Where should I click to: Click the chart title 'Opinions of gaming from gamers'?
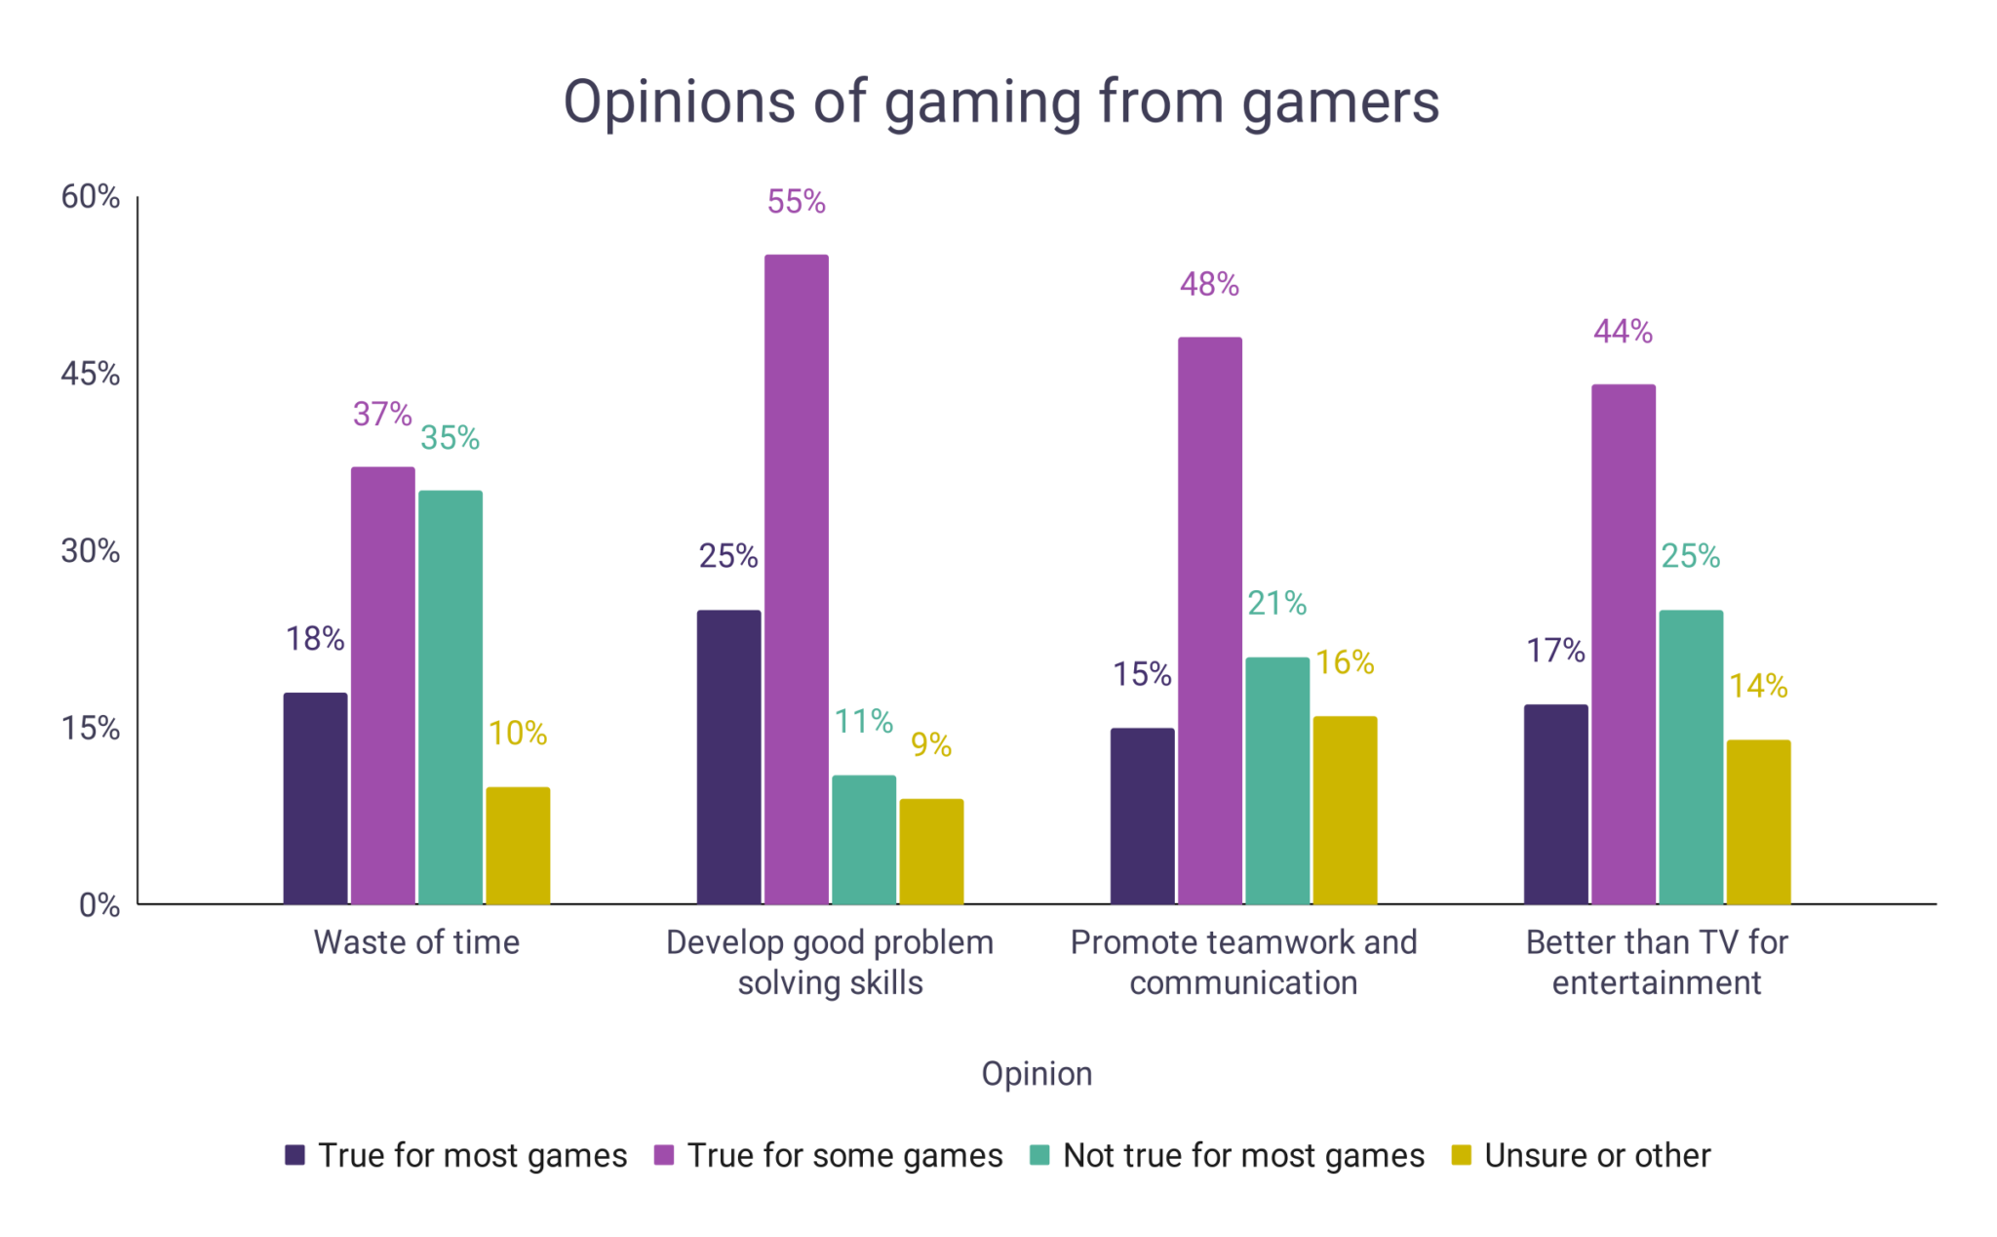click(1000, 101)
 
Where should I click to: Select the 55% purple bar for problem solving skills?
click(796, 579)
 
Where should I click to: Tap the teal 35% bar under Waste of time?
click(450, 697)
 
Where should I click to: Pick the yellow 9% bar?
click(930, 851)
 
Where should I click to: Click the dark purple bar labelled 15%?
click(1142, 816)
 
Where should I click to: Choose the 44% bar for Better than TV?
click(1623, 644)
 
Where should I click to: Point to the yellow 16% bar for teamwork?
click(1345, 810)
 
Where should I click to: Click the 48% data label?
click(1209, 285)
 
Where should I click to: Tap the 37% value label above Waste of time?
click(382, 415)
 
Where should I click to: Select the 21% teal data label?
click(1276, 604)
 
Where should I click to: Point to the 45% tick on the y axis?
click(90, 374)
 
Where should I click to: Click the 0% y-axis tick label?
click(98, 905)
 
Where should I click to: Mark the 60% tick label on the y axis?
click(90, 197)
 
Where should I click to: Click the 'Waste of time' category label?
click(416, 942)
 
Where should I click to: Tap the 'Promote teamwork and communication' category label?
click(1243, 962)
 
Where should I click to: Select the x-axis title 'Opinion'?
click(1037, 1073)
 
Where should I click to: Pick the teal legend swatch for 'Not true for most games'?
click(1039, 1155)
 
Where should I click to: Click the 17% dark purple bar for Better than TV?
click(1555, 804)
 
